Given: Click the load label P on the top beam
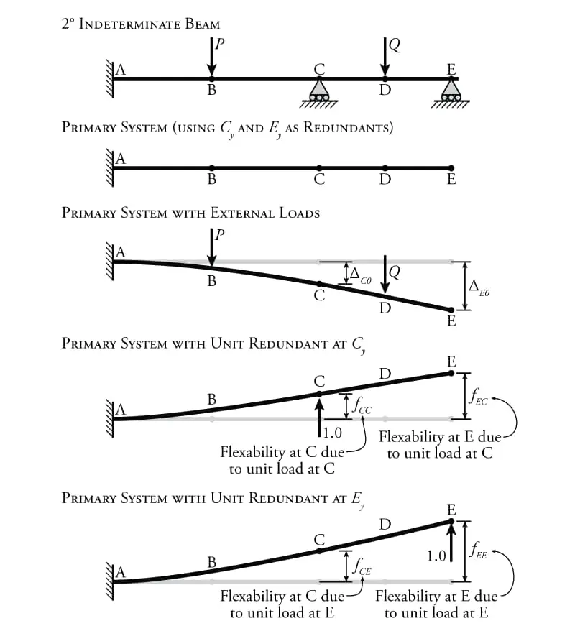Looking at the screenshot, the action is [220, 43].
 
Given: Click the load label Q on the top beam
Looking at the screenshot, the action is [395, 45].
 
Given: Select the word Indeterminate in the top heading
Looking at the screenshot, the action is [129, 24].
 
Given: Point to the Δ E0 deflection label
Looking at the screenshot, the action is [479, 288].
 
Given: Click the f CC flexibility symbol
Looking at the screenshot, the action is [362, 406].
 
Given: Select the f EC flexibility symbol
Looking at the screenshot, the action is [479, 397].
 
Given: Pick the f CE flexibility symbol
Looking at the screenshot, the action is [362, 567].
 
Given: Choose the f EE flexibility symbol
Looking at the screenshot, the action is [479, 550].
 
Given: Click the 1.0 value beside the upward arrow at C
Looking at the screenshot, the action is [332, 433].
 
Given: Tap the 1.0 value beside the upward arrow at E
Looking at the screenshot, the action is [436, 556].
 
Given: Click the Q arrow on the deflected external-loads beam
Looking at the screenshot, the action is [385, 275].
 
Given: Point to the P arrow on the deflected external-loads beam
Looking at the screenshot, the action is [211, 247].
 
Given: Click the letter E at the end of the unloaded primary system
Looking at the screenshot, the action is [451, 179].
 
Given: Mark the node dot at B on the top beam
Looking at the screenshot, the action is [211, 79].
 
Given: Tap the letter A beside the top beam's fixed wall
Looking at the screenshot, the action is [120, 70].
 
